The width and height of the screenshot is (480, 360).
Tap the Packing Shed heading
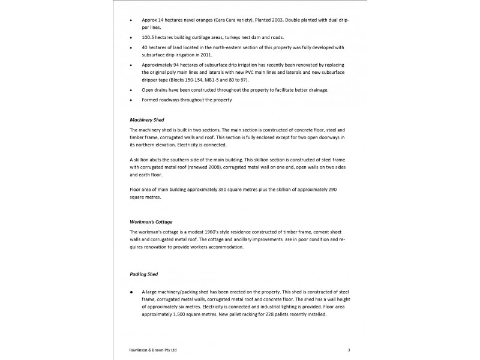pyautogui.click(x=145, y=274)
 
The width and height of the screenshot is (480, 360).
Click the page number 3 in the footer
pyautogui.click(x=349, y=349)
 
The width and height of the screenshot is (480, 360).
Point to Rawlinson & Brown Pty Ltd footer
pyautogui.click(x=153, y=349)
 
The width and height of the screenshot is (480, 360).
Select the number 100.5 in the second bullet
pyautogui.click(x=149, y=37)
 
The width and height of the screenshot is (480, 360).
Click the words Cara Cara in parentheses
pyautogui.click(x=224, y=19)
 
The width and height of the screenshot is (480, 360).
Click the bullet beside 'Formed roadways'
pyautogui.click(x=131, y=100)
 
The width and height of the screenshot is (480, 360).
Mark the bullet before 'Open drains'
pyautogui.click(x=131, y=90)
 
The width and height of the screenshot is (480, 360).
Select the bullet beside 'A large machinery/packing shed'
pyautogui.click(x=131, y=292)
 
